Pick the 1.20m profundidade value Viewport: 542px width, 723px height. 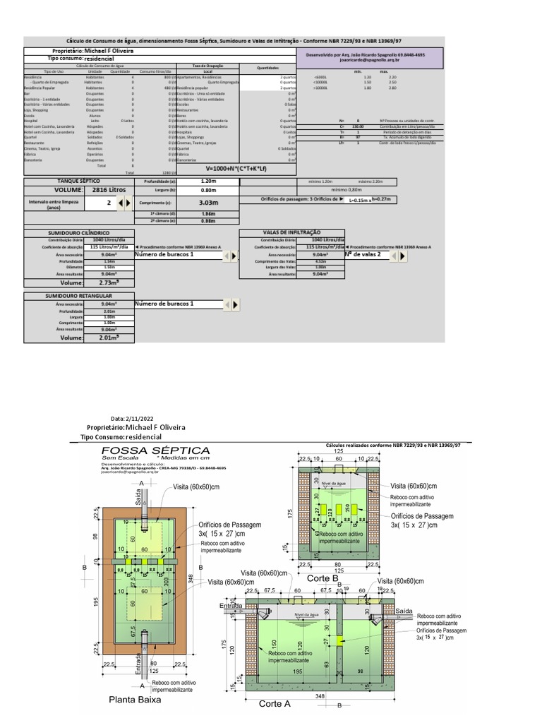pos(207,181)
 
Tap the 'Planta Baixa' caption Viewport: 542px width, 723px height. pos(135,700)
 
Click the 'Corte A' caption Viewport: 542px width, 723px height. pos(275,703)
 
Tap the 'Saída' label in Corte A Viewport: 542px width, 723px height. pos(404,609)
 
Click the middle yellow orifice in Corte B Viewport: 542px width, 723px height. pos(338,508)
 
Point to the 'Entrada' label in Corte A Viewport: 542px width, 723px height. pos(231,606)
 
